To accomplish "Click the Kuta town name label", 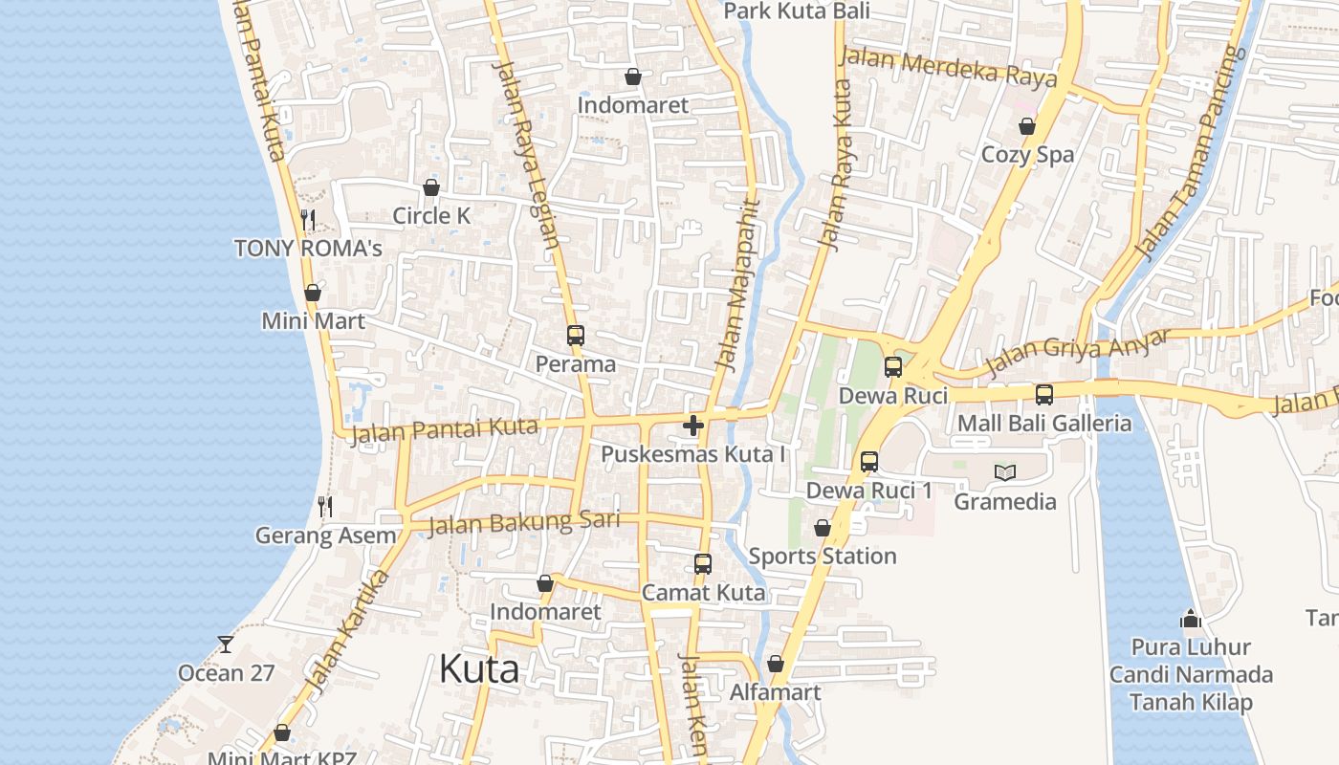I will coord(479,669).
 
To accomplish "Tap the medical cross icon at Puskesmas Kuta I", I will coord(693,425).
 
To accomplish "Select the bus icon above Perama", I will coord(575,336).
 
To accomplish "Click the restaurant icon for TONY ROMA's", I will coord(307,220).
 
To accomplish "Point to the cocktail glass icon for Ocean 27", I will coord(226,645).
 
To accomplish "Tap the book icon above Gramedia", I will coord(1004,472).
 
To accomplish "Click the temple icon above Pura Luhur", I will coord(1191,619).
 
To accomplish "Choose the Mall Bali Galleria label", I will coord(1044,423).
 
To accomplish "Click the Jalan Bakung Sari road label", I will coord(523,522).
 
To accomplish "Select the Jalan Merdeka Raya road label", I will coord(948,66).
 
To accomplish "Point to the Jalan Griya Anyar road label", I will coord(1078,351).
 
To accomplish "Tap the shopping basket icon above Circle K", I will coord(431,187).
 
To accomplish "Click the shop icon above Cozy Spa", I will coord(1027,126).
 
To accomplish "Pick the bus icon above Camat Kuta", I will coord(703,564).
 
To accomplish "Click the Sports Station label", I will coord(823,556).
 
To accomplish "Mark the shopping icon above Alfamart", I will coord(776,664).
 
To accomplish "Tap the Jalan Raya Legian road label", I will coord(525,153).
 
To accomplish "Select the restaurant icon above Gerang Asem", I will coord(325,507).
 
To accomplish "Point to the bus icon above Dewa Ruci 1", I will coord(869,462).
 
